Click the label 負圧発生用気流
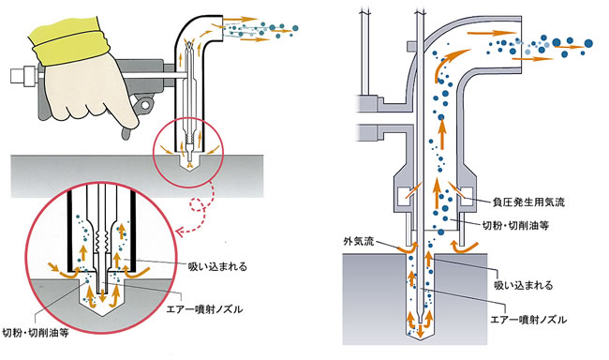click(x=528, y=202)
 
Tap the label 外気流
click(x=358, y=241)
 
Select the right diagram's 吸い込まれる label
click(x=523, y=285)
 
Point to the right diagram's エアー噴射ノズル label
click(x=528, y=320)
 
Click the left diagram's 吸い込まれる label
click(x=217, y=266)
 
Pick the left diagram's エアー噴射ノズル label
click(x=204, y=309)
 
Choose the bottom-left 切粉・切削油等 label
click(x=36, y=333)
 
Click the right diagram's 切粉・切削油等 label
click(x=515, y=226)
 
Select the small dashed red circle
click(x=198, y=203)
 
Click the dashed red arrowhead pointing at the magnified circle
click(x=180, y=232)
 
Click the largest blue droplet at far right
click(x=588, y=43)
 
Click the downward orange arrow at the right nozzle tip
click(x=421, y=330)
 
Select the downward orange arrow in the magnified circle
click(x=102, y=295)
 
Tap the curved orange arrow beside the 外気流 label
click(x=408, y=248)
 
